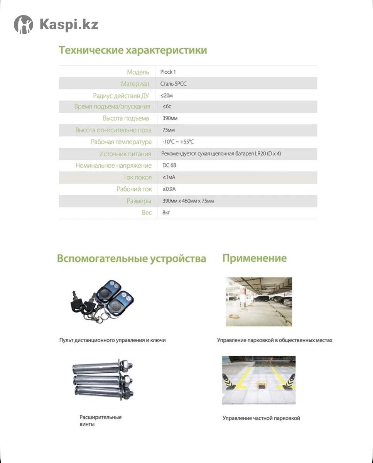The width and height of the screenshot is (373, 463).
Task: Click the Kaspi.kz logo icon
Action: [x=24, y=25]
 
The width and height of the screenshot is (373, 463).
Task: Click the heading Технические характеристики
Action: [x=133, y=50]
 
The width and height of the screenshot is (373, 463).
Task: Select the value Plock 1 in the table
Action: [x=168, y=72]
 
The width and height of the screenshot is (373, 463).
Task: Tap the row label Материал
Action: [x=135, y=84]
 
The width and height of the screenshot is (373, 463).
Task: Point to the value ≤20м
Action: [x=168, y=95]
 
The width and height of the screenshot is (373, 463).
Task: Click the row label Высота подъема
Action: [x=126, y=118]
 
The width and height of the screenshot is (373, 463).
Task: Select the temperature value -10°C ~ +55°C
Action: [x=178, y=142]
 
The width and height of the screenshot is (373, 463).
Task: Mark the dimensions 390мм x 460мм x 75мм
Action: [x=188, y=201]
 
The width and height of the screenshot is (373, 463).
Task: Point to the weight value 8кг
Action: [x=166, y=213]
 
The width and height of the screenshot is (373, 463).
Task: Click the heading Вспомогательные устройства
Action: [x=132, y=258]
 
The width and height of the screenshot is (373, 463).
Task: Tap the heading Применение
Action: [x=254, y=258]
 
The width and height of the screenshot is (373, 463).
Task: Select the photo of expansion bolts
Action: [x=103, y=380]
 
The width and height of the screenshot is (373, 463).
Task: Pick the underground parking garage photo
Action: [x=259, y=301]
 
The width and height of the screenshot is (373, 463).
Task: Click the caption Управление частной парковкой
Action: [x=261, y=418]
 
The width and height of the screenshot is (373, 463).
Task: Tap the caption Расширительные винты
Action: [x=100, y=421]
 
